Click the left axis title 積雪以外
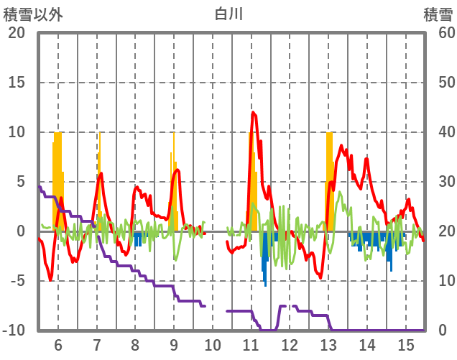[x=33, y=13]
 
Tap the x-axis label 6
[x=58, y=343]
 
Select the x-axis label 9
[x=174, y=343]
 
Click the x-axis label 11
[x=251, y=343]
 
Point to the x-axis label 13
[x=329, y=343]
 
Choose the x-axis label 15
[x=406, y=343]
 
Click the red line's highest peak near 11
[x=253, y=112]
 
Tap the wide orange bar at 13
[x=329, y=180]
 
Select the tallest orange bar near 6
[x=57, y=180]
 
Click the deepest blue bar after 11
[x=265, y=262]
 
